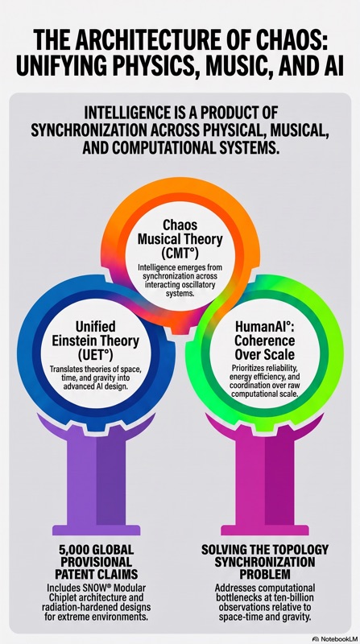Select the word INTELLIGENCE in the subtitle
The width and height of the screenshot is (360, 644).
tap(126, 113)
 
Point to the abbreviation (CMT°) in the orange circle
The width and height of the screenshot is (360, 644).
tap(180, 253)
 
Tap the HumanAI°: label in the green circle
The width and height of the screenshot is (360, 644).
tap(265, 327)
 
